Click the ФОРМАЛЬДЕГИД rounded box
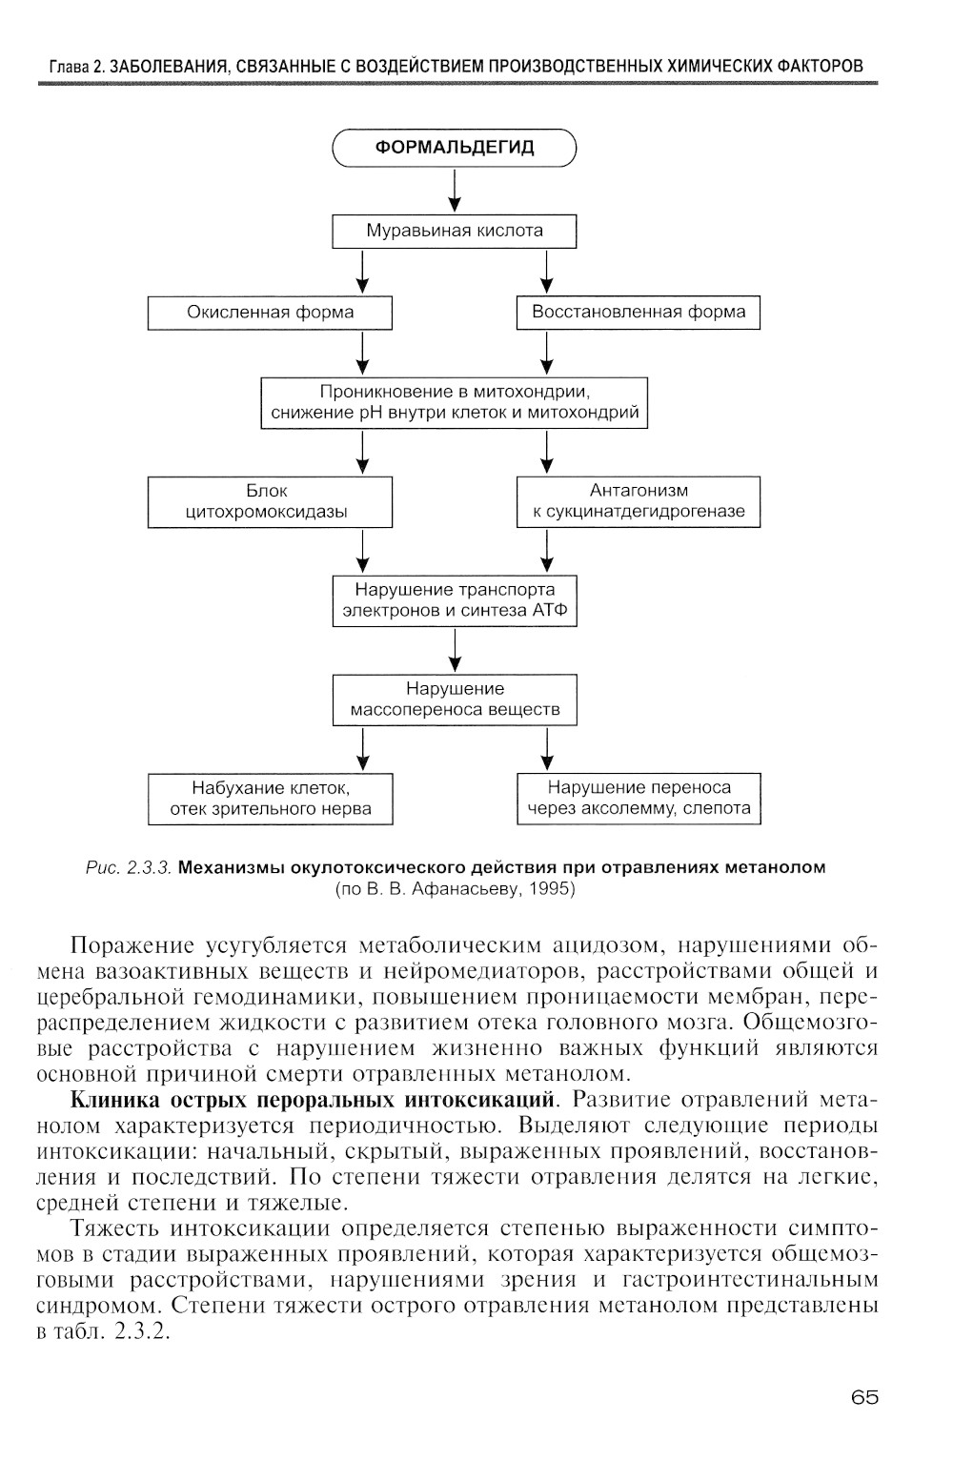[x=455, y=148]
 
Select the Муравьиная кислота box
[x=455, y=231]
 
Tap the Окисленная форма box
[x=270, y=313]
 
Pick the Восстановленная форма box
[x=639, y=313]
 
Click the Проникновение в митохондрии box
[x=455, y=403]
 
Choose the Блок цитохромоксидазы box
[x=270, y=501]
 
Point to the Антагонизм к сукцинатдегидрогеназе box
[x=639, y=501]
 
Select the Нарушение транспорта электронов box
[x=455, y=600]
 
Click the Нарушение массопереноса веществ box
[x=455, y=700]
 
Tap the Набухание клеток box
[x=270, y=799]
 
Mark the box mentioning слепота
[x=639, y=799]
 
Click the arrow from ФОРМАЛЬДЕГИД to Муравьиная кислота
[x=456, y=191]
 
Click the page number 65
[x=864, y=1397]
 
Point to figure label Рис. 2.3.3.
[x=139, y=868]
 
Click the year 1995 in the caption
[x=553, y=889]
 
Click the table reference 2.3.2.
[x=141, y=1331]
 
